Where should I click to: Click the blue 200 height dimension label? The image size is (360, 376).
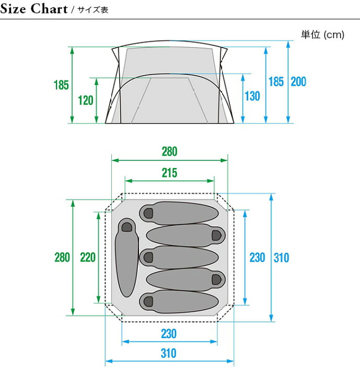pyautogui.click(x=298, y=81)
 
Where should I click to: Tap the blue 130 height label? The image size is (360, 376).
pyautogui.click(x=252, y=96)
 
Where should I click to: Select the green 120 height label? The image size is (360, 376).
pyautogui.click(x=86, y=100)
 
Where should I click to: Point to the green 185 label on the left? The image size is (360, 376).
pyautogui.click(x=61, y=85)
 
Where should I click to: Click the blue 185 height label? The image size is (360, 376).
pyautogui.click(x=276, y=81)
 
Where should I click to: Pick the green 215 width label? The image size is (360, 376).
pyautogui.click(x=169, y=173)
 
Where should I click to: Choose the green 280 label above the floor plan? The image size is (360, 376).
pyautogui.click(x=169, y=151)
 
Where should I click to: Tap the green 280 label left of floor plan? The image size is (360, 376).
pyautogui.click(x=62, y=257)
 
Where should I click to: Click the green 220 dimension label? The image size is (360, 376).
pyautogui.click(x=88, y=257)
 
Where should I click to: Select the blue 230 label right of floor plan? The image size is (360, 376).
pyautogui.click(x=257, y=258)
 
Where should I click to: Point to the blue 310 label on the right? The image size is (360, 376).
pyautogui.click(x=281, y=258)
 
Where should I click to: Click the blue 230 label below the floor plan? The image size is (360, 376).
pyautogui.click(x=169, y=334)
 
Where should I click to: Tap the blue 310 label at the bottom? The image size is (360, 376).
pyautogui.click(x=169, y=353)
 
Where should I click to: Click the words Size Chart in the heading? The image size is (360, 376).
pyautogui.click(x=34, y=9)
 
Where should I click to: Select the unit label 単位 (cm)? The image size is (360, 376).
pyautogui.click(x=323, y=35)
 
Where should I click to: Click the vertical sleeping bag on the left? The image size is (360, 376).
pyautogui.click(x=127, y=257)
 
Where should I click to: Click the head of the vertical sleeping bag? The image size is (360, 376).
pyautogui.click(x=127, y=226)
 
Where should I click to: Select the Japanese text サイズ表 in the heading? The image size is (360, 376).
pyautogui.click(x=93, y=10)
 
